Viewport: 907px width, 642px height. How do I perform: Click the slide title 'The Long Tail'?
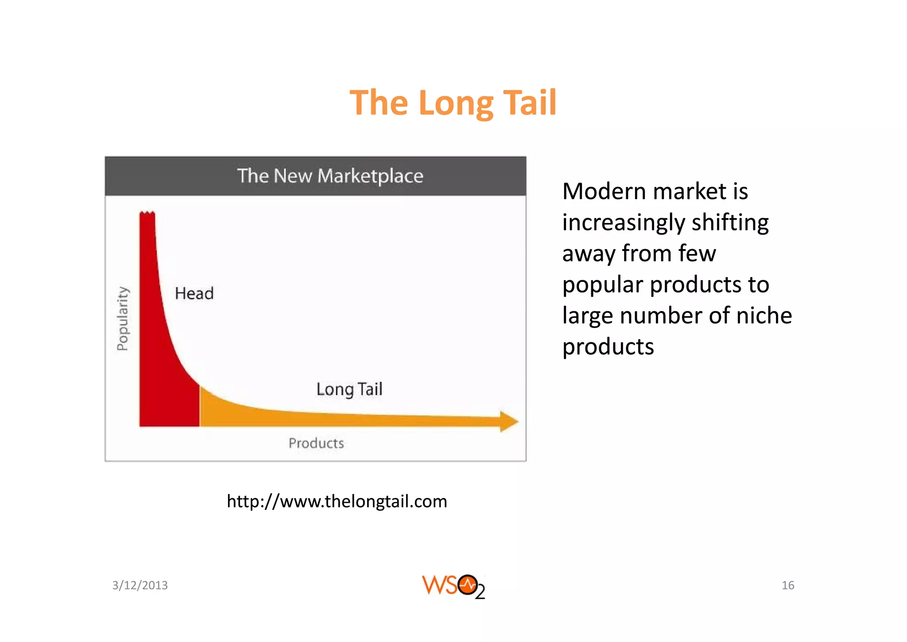pos(453,103)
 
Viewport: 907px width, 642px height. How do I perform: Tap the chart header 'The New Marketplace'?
pos(330,176)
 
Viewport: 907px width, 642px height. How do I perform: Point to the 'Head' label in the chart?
pos(194,294)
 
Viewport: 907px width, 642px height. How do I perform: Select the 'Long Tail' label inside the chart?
pos(349,389)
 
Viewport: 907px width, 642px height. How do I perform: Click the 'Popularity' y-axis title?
pos(122,318)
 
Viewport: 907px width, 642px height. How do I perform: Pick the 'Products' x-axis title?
pos(316,443)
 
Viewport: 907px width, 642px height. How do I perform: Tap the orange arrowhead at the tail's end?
pos(508,421)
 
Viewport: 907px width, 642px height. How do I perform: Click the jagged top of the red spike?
pos(147,214)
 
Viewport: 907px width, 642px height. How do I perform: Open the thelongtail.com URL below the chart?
pos(337,501)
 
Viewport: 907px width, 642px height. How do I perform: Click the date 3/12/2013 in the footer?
pos(140,585)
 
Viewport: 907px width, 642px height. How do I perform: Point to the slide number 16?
pos(788,585)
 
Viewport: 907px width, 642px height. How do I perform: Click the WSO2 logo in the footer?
pos(453,586)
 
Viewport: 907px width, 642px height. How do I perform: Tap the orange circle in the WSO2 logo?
pos(467,585)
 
